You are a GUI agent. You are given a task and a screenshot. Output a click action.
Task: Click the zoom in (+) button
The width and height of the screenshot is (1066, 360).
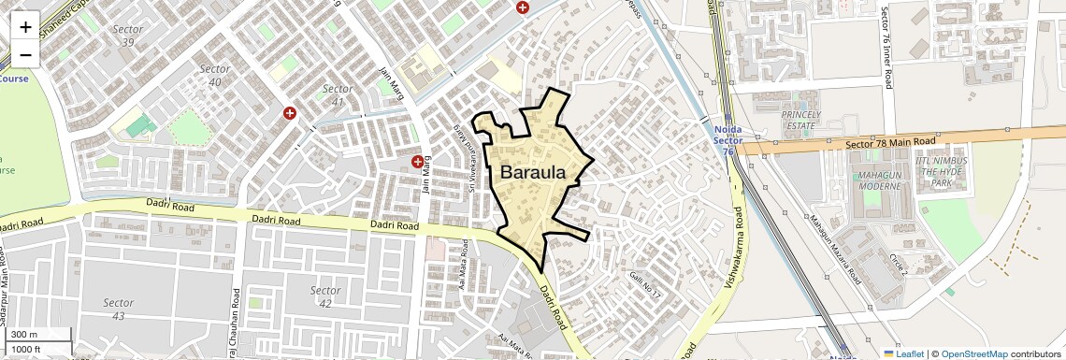[25, 27]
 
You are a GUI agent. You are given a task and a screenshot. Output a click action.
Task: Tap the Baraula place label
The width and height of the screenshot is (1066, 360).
[533, 173]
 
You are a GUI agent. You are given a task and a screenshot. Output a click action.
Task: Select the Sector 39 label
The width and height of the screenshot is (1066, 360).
[128, 36]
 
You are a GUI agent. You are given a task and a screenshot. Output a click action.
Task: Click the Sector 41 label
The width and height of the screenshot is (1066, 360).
[338, 95]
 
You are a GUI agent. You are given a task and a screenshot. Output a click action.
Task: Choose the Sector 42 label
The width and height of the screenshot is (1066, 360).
[324, 296]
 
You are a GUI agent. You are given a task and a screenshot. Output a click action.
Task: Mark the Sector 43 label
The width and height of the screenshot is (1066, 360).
[119, 310]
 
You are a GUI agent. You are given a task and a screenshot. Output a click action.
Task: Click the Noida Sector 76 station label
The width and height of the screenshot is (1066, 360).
[727, 140]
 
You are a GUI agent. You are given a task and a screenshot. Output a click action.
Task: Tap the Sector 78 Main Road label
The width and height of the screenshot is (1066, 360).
[890, 142]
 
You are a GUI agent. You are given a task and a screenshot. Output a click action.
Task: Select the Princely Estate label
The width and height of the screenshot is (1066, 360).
[800, 119]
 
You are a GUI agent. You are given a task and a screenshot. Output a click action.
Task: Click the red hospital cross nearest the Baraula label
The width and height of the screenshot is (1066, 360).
[417, 162]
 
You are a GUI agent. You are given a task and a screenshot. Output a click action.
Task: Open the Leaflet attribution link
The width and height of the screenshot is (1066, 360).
[903, 353]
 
